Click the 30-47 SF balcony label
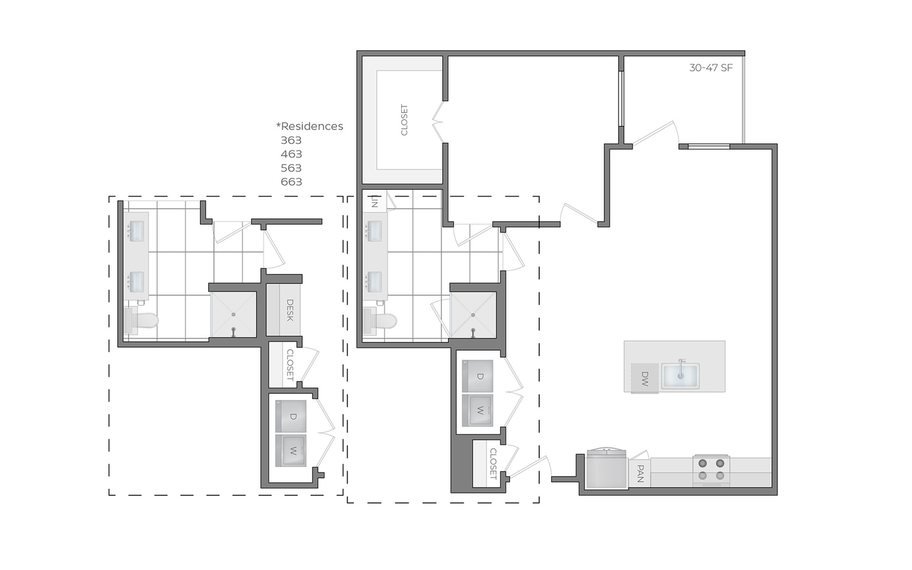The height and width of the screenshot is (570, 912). [x=711, y=68]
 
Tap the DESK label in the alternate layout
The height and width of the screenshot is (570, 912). [x=290, y=310]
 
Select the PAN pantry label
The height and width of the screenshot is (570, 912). [x=640, y=474]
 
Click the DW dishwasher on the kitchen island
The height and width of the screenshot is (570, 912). [x=645, y=379]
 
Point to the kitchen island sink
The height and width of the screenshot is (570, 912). [x=680, y=376]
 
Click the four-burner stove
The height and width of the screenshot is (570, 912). [x=711, y=470]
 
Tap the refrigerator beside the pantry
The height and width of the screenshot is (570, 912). [x=607, y=469]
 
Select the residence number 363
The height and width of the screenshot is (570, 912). [x=291, y=140]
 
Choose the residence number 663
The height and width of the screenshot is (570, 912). [x=291, y=182]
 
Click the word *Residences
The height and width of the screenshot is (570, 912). [x=310, y=126]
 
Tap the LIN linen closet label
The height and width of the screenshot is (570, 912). [x=375, y=201]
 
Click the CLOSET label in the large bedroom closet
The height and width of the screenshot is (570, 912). [x=404, y=120]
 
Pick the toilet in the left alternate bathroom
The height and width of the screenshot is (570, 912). [x=141, y=321]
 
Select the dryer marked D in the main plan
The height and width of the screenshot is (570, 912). [x=478, y=376]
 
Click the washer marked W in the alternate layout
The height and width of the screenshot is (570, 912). [x=291, y=451]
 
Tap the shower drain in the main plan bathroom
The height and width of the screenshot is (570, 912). [x=473, y=315]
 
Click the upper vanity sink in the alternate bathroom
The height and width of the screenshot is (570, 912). [x=137, y=230]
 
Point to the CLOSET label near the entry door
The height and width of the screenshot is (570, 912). [x=493, y=464]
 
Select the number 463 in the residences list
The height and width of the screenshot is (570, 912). [x=291, y=154]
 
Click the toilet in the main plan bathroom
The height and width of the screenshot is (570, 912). [x=380, y=321]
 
